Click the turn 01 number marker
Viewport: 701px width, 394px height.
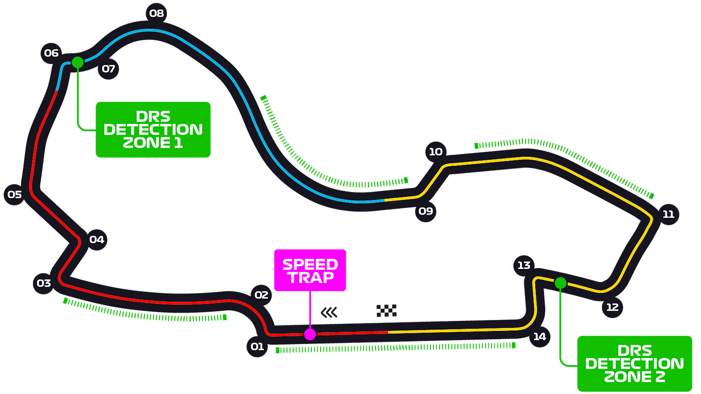pos(257,346)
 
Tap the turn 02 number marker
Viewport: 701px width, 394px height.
pos(261,295)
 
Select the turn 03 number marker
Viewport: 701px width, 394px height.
pos(44,283)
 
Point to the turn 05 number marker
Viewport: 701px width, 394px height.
pos(14,195)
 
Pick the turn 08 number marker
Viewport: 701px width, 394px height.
pos(156,13)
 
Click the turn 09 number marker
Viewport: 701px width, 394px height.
pos(426,211)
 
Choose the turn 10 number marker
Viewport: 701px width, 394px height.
pos(435,152)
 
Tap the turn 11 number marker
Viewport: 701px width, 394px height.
pos(668,215)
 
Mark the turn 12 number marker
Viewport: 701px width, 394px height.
pos(612,307)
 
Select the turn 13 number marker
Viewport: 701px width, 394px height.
pos(524,265)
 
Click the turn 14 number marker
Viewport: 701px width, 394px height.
pos(539,337)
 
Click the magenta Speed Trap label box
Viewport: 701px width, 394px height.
pos(310,270)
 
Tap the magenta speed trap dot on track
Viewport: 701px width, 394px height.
pos(310,334)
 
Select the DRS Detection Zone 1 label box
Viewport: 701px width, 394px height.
pos(153,129)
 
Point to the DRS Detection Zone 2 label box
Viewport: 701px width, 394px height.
pos(635,364)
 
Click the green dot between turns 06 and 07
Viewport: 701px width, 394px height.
pos(78,62)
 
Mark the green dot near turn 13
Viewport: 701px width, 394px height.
pos(560,283)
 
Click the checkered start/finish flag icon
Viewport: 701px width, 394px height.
pos(386,311)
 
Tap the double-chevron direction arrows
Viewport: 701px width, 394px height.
pos(329,313)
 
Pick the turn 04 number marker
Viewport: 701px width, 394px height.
pos(96,240)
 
